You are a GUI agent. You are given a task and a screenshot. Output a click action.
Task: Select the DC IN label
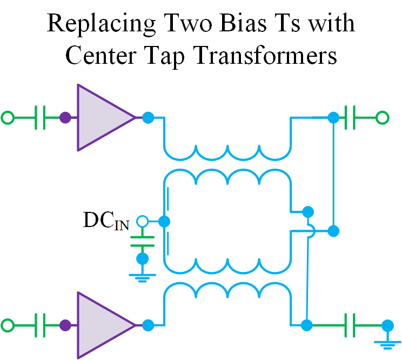click(106, 221)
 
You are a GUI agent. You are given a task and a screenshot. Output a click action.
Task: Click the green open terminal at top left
click(8, 117)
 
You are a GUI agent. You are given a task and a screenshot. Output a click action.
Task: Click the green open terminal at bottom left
click(8, 325)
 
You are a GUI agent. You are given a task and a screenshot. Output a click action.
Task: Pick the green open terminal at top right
click(382, 117)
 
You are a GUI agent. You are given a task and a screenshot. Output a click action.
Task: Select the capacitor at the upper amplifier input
click(39, 117)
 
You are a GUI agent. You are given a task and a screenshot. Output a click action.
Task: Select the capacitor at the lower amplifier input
click(39, 325)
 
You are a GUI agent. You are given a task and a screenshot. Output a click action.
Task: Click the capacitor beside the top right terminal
click(354, 117)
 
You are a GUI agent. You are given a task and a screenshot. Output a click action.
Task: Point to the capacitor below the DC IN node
click(142, 241)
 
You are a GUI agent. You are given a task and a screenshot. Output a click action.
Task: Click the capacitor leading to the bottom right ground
click(353, 325)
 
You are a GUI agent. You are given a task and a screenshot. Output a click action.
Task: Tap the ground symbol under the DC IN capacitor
click(142, 276)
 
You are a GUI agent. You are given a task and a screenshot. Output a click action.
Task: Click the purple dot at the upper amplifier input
click(65, 117)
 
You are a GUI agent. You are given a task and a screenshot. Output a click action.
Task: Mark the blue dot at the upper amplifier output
click(148, 117)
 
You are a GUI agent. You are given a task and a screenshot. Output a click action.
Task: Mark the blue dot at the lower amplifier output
click(148, 325)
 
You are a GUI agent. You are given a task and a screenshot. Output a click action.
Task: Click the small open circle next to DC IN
click(142, 221)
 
